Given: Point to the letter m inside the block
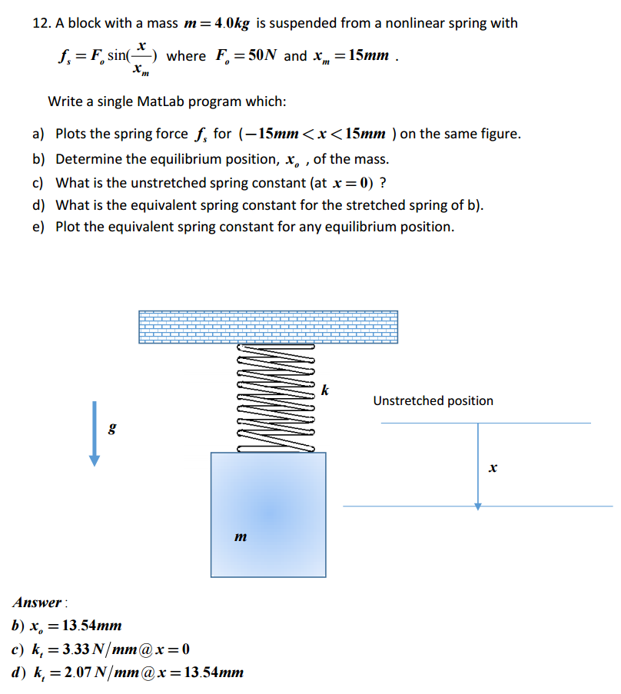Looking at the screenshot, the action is pos(241,536).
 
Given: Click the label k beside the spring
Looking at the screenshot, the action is pos(325,391).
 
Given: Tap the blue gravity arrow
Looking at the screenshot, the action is pos(94,433).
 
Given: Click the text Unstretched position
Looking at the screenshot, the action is pos(433,400).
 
